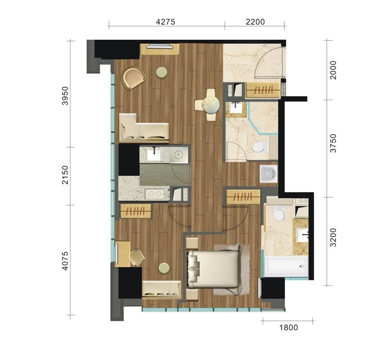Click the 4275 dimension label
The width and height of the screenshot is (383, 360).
click(x=166, y=22)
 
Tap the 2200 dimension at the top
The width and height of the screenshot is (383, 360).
click(x=255, y=22)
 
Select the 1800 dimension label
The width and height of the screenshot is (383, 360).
click(x=289, y=327)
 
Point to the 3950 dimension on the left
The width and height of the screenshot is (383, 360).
click(x=65, y=95)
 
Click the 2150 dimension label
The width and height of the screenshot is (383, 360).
click(x=65, y=175)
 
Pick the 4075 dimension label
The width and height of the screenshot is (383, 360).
click(x=65, y=261)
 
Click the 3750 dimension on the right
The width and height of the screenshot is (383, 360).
click(x=333, y=143)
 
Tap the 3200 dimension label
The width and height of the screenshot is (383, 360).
click(x=333, y=237)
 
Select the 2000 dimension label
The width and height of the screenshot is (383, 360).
click(x=333, y=70)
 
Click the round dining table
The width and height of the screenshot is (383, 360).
click(x=211, y=104)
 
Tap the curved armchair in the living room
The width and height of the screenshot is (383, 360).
click(x=133, y=78)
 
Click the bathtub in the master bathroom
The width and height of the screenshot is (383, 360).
click(x=286, y=267)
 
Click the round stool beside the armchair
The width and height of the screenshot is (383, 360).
click(x=162, y=73)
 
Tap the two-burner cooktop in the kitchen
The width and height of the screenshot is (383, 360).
click(x=155, y=194)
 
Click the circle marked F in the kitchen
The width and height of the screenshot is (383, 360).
click(x=179, y=154)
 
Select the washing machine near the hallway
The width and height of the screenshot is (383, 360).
click(x=269, y=174)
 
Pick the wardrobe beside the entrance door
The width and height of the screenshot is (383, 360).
click(x=262, y=90)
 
